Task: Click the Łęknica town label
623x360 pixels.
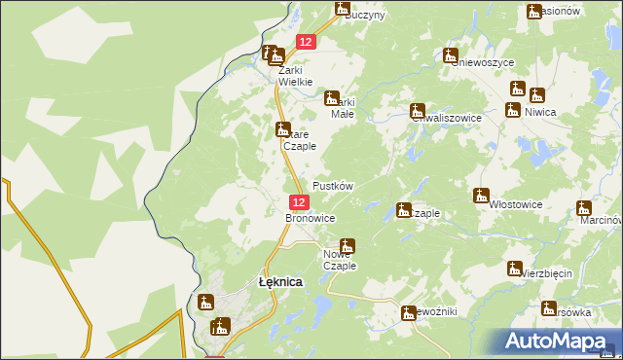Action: point(279,281)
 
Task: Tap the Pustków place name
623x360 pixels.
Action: point(332,185)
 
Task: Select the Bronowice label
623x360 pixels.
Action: point(310,219)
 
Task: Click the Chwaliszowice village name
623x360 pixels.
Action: point(447,118)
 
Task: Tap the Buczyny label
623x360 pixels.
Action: point(365,16)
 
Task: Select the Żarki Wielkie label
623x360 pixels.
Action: point(295,76)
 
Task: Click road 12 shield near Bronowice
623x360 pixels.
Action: point(300,202)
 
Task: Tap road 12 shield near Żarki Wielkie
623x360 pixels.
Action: point(306,41)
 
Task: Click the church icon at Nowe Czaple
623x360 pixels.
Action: point(348,246)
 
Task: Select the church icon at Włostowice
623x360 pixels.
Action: point(481,196)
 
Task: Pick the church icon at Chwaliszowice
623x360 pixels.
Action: point(418,110)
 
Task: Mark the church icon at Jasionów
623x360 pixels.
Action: point(533,12)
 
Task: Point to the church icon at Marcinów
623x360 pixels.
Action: point(583,207)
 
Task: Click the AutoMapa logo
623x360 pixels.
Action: point(562,342)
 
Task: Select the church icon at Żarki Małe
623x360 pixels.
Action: point(331,97)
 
